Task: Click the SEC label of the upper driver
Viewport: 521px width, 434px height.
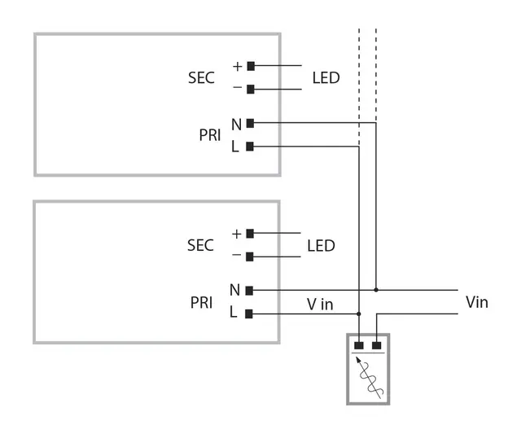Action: click(201, 78)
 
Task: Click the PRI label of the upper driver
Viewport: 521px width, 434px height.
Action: click(210, 135)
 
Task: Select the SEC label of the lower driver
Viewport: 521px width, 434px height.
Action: click(200, 245)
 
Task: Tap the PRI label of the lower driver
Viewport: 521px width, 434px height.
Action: click(201, 302)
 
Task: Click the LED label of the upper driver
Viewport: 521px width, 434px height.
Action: click(326, 78)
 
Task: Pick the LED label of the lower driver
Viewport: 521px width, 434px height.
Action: click(321, 245)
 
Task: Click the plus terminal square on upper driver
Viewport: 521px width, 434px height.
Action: click(251, 66)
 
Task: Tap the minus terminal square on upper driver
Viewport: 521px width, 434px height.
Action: click(251, 90)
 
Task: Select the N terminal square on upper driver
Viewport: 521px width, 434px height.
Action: click(251, 123)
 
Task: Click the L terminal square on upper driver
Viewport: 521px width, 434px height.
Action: click(251, 147)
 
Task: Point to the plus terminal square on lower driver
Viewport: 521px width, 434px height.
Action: click(250, 233)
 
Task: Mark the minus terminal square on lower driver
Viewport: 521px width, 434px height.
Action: click(250, 256)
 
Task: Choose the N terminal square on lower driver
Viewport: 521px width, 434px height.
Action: click(250, 290)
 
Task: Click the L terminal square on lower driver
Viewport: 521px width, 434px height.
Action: click(250, 313)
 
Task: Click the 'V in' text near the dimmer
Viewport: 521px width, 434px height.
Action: click(320, 304)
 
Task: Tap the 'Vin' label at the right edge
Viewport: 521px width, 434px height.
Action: click(476, 302)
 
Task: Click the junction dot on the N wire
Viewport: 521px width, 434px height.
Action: click(375, 290)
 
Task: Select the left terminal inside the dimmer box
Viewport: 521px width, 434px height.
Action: click(359, 345)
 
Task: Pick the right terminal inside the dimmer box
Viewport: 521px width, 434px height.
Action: click(376, 345)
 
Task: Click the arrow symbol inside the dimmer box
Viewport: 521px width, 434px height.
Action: click(368, 376)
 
